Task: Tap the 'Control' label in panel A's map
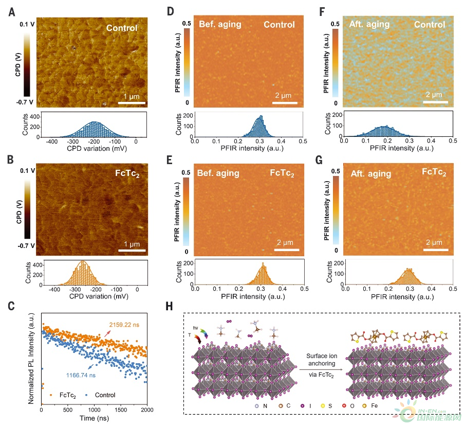coord(122,28)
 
